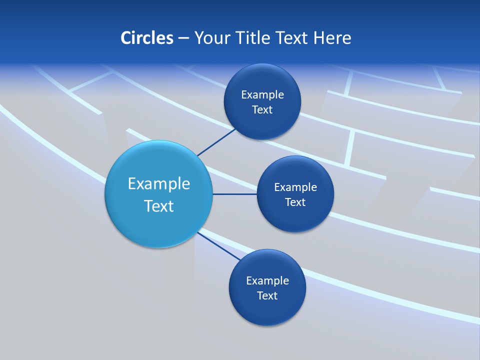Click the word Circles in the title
(x=146, y=38)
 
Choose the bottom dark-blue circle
(x=267, y=310)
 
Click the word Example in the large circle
(x=159, y=184)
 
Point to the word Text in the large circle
(x=159, y=206)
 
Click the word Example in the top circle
(x=262, y=95)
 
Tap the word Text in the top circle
(x=262, y=110)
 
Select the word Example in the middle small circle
(x=295, y=187)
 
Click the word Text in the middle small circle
(x=295, y=202)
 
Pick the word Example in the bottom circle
(x=267, y=281)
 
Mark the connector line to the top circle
(x=216, y=142)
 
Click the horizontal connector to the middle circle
(x=234, y=194)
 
